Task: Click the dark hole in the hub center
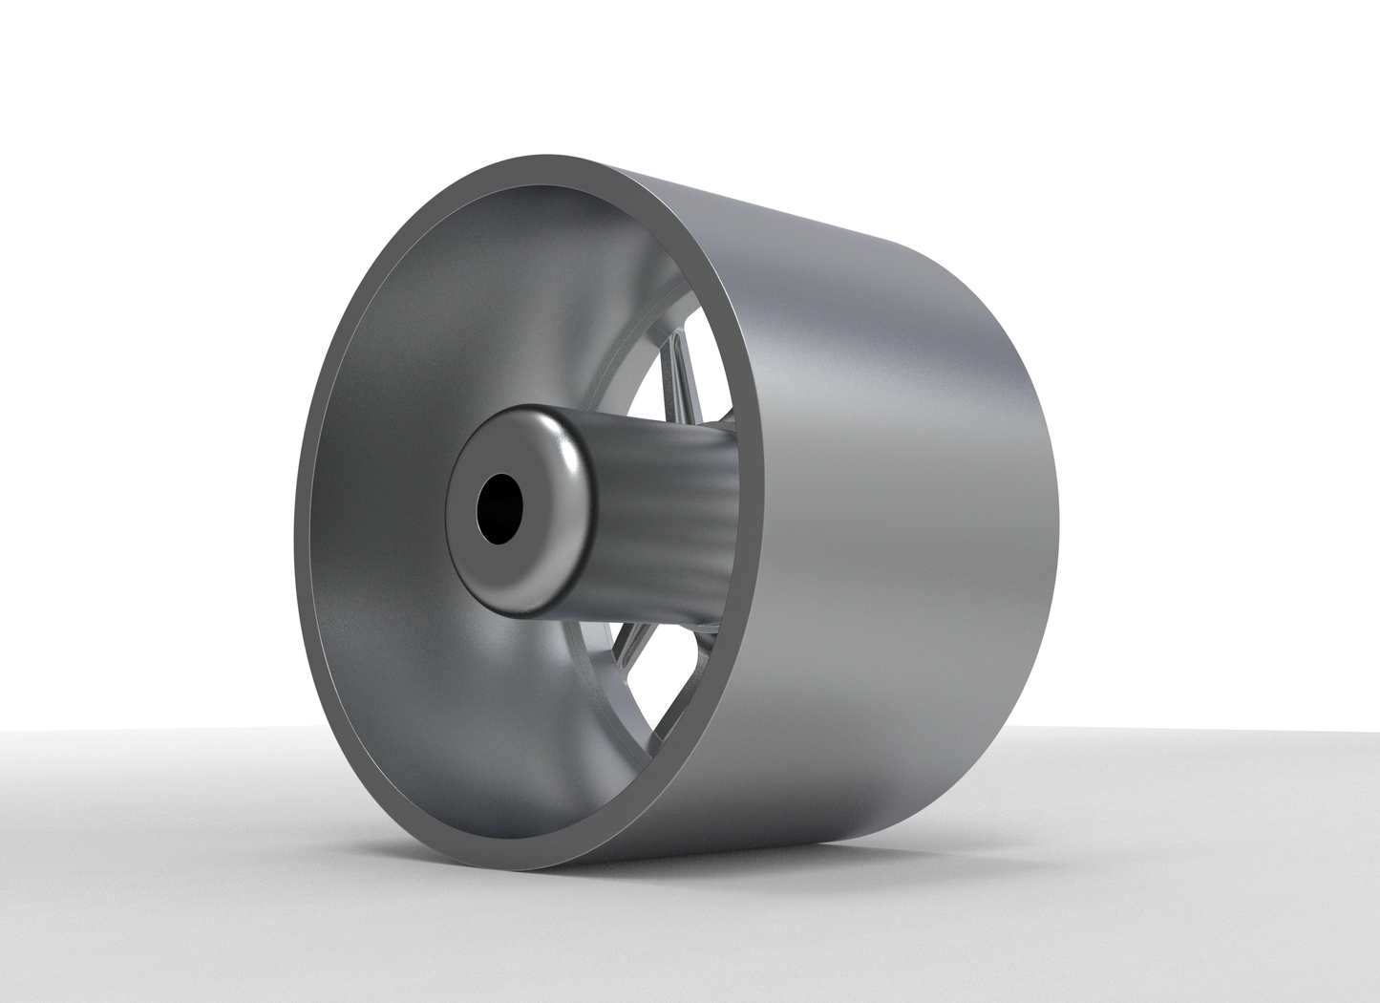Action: coord(499,507)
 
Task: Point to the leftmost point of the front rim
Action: coord(299,535)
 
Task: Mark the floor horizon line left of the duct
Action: coord(143,731)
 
